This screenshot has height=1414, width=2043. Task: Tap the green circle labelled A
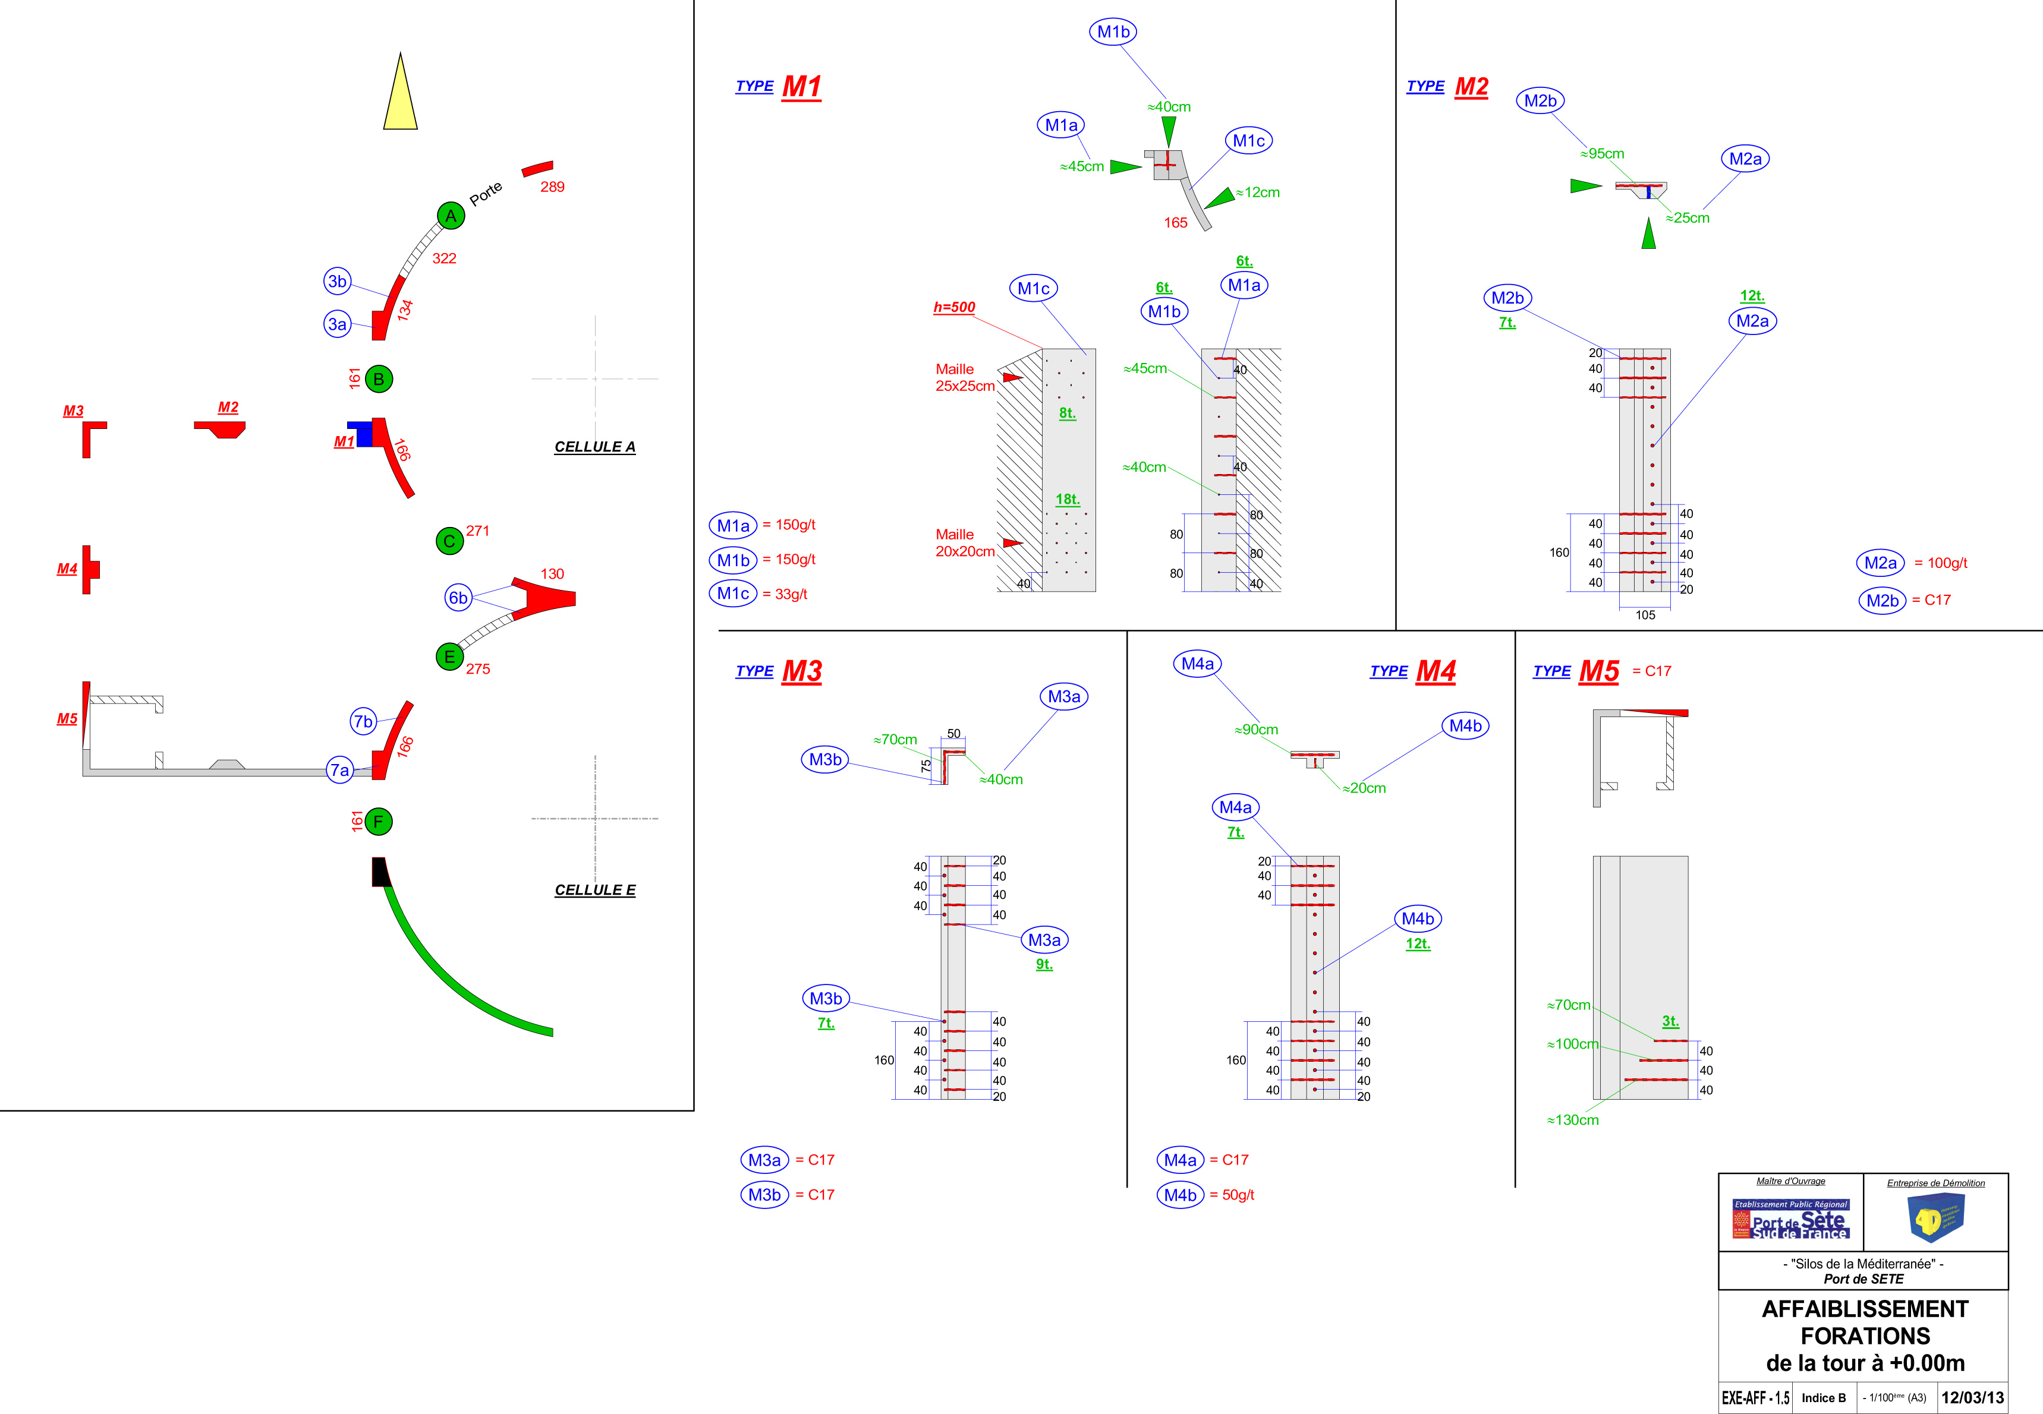pos(451,215)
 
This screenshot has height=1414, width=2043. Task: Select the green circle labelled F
pos(379,821)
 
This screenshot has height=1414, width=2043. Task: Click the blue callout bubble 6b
pos(457,597)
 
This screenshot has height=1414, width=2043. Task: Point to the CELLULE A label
pos(595,447)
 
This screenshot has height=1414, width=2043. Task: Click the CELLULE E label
pos(595,889)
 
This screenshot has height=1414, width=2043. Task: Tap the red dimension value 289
pos(552,187)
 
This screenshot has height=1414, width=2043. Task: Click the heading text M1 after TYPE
pos(801,87)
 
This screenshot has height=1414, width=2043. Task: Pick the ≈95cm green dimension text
pos(1603,153)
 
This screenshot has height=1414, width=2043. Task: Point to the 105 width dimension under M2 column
pos(1645,615)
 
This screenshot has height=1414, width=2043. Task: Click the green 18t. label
pos(1067,500)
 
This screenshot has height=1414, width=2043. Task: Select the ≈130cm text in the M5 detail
pos(1573,1120)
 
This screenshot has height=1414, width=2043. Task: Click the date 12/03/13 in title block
pos(1972,1397)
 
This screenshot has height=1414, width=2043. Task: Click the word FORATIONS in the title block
pos(1865,1336)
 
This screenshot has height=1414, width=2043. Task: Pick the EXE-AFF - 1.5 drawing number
pos(1755,1398)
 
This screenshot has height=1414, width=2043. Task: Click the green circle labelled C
pos(449,541)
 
